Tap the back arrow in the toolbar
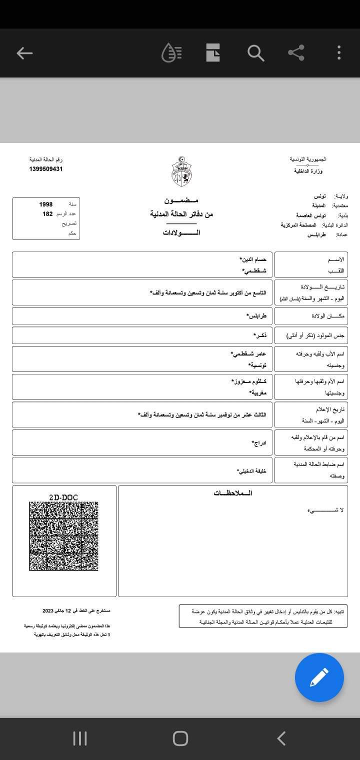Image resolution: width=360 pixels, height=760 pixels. [x=24, y=53]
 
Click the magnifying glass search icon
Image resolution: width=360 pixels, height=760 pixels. [x=255, y=53]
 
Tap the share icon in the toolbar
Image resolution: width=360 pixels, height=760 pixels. [x=296, y=53]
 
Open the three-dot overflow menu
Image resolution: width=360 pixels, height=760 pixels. [x=339, y=53]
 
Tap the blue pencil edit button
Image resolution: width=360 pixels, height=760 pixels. [x=319, y=678]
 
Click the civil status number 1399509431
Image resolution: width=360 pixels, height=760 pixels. [x=45, y=169]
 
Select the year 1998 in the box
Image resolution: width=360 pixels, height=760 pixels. [x=46, y=204]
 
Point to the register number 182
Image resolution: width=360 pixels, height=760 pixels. [x=47, y=214]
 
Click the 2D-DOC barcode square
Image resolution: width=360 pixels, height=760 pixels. [x=63, y=536]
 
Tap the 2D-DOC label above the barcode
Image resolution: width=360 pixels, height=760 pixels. [x=63, y=497]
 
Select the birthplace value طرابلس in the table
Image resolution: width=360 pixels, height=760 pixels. [x=256, y=316]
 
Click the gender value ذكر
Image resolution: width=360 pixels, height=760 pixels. [x=260, y=335]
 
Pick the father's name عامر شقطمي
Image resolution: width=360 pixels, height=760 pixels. [x=248, y=354]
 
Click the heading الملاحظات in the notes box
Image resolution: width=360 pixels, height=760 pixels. [x=232, y=493]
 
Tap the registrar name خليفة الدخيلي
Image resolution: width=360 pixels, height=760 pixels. [x=251, y=471]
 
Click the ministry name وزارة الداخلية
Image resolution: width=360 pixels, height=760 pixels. [x=308, y=171]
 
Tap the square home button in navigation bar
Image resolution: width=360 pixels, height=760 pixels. [x=180, y=738]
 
